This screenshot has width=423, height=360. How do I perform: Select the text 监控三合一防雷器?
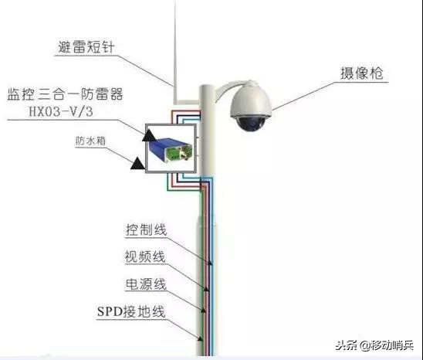tap(65, 95)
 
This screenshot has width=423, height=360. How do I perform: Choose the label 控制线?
tap(146, 231)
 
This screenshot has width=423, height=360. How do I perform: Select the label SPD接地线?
tap(131, 312)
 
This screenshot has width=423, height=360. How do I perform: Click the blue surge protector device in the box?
tap(164, 148)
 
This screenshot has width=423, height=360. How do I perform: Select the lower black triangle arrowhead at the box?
tap(137, 163)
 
